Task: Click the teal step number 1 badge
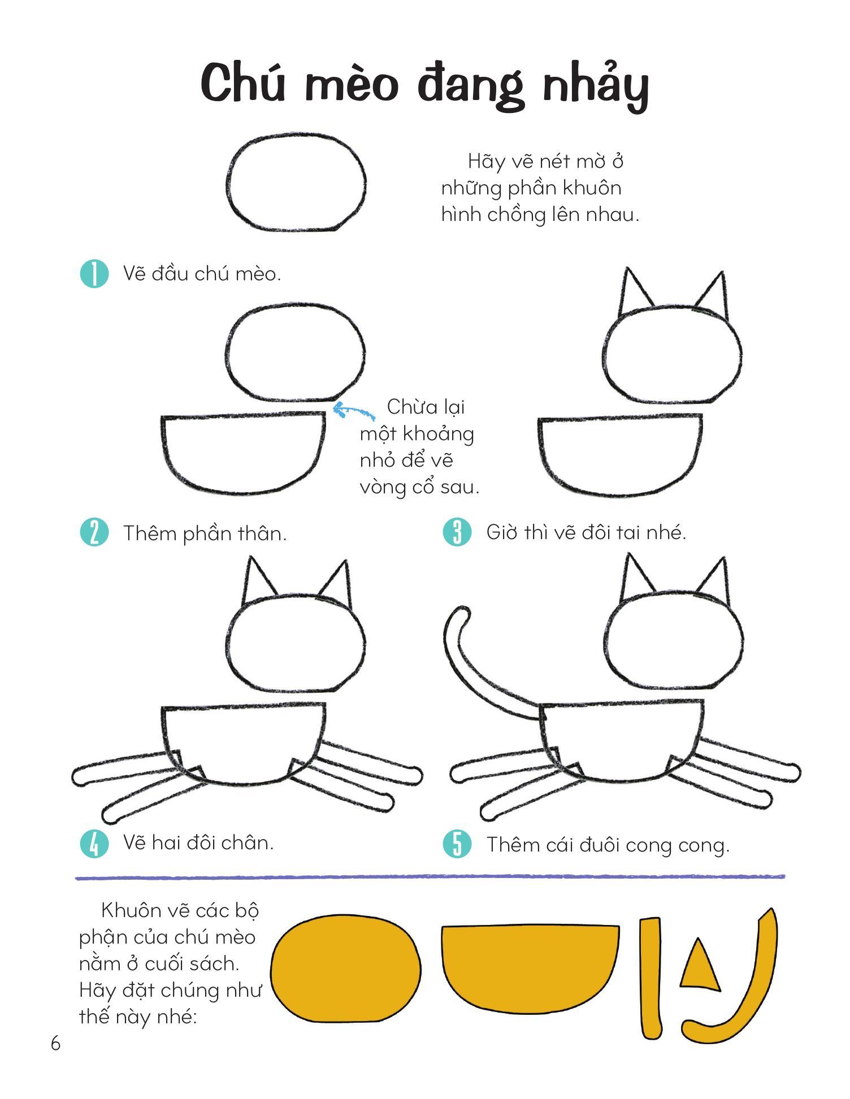[x=94, y=273]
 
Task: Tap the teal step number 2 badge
[x=94, y=532]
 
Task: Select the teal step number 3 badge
[x=457, y=532]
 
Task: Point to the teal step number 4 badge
[x=94, y=844]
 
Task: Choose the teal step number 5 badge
[x=457, y=845]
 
